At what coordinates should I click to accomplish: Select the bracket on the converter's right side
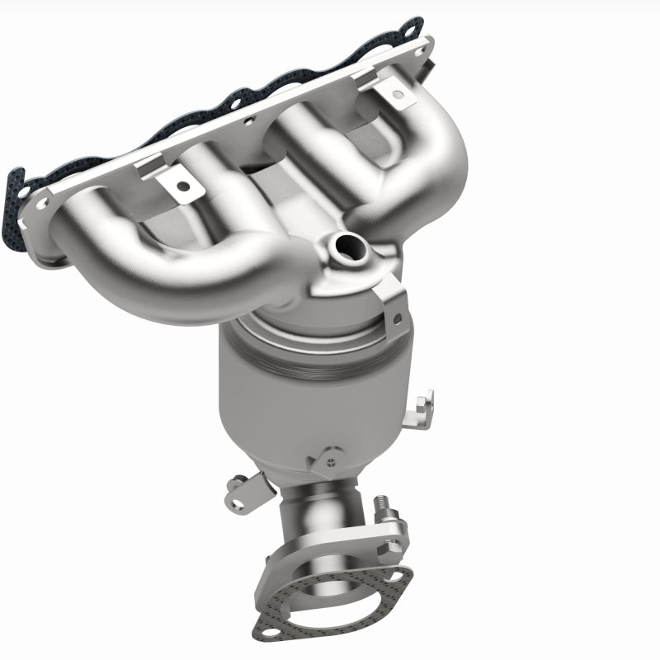point(422,403)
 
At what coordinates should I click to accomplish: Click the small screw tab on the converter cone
point(328,453)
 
